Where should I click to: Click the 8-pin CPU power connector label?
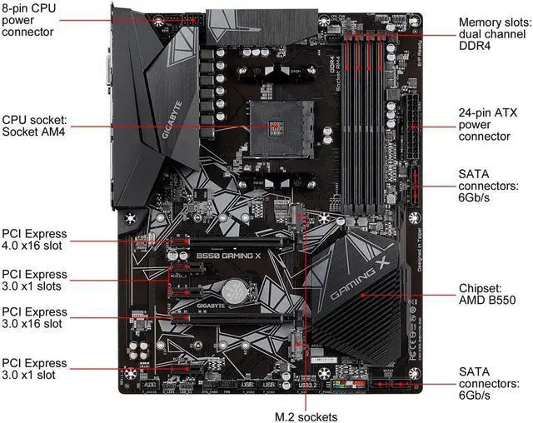tap(30, 20)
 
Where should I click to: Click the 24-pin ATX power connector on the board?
tap(414, 123)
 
